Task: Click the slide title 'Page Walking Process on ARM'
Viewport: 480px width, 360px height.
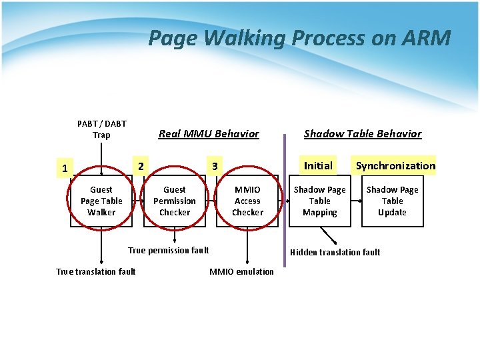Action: [299, 38]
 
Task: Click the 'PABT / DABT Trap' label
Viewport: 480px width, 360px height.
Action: [101, 129]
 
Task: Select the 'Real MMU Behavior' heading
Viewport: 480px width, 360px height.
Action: [209, 133]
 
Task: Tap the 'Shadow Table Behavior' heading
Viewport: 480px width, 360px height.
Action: [363, 133]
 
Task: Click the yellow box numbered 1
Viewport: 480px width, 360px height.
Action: [64, 168]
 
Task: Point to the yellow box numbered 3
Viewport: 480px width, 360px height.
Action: [215, 166]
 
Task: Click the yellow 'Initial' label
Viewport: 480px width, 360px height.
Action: [318, 165]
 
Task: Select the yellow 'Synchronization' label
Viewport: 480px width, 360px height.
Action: [395, 165]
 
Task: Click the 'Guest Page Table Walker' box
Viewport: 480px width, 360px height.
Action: [101, 201]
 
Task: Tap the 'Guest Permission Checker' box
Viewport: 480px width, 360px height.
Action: [175, 201]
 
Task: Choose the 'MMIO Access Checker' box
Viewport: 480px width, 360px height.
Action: [247, 201]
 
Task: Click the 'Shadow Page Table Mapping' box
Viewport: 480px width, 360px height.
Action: [320, 201]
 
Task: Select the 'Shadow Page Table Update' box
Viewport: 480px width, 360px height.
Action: [392, 201]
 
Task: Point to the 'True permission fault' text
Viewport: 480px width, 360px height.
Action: [169, 250]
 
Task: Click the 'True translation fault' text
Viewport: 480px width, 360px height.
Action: [96, 271]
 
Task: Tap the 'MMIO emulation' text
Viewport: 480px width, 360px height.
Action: [241, 271]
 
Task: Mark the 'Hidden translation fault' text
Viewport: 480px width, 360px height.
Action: [335, 252]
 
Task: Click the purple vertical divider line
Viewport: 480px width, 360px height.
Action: [285, 200]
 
